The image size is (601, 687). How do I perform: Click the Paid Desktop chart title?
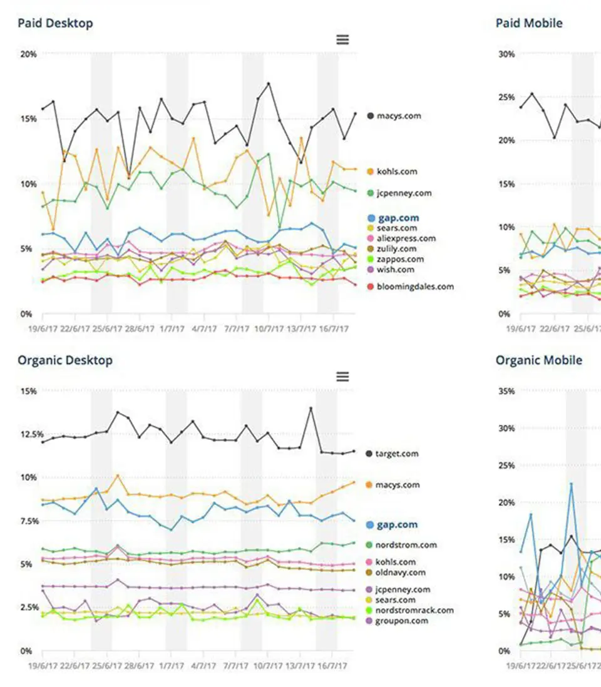click(55, 23)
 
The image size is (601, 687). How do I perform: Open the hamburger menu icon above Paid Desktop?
click(342, 39)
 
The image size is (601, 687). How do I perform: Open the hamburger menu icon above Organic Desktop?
click(342, 377)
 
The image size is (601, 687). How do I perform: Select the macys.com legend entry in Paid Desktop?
click(398, 116)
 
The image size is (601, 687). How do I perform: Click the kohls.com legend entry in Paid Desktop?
click(396, 171)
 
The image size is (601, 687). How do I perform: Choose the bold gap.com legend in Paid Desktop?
click(398, 218)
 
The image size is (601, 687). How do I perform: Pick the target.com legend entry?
click(397, 454)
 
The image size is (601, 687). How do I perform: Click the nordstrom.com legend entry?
click(406, 545)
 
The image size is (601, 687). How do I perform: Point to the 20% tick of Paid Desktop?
click(28, 54)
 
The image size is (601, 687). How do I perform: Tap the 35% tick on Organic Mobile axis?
click(506, 392)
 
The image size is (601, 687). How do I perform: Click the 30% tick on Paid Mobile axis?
click(506, 54)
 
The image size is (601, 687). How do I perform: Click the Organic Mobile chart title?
click(538, 360)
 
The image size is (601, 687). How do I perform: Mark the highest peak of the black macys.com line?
click(268, 83)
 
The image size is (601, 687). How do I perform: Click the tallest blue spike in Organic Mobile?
click(571, 483)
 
